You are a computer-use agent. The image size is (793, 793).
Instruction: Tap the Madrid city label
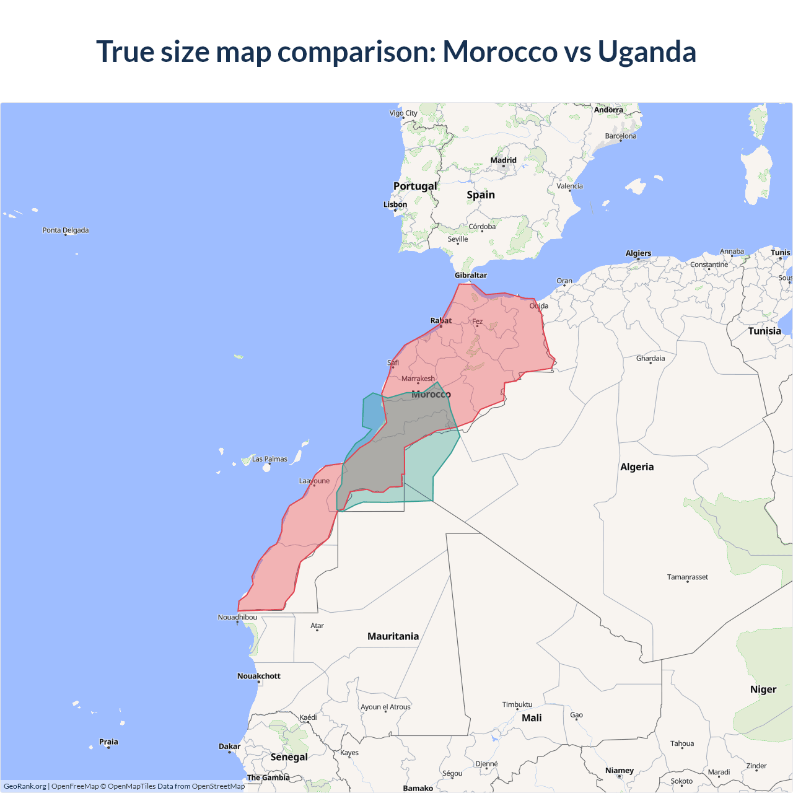pyautogui.click(x=503, y=160)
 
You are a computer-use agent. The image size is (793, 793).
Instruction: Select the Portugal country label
pyautogui.click(x=415, y=186)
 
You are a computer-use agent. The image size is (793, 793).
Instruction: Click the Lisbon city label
pyautogui.click(x=395, y=204)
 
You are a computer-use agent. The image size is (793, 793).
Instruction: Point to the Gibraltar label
pyautogui.click(x=471, y=275)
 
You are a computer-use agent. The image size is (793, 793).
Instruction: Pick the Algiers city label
pyautogui.click(x=638, y=253)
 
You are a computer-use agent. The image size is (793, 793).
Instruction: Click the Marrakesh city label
pyautogui.click(x=418, y=379)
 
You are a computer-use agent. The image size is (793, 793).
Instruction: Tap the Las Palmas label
pyautogui.click(x=269, y=459)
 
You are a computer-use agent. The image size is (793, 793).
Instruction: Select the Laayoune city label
pyautogui.click(x=314, y=481)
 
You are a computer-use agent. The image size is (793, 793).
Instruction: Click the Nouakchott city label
pyautogui.click(x=259, y=676)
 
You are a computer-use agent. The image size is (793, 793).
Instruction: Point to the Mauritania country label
pyautogui.click(x=393, y=636)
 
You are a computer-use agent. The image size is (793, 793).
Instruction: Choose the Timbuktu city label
pyautogui.click(x=517, y=704)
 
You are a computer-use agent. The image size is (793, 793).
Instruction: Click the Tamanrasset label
pyautogui.click(x=688, y=577)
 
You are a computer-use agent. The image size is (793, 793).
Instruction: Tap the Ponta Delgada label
pyautogui.click(x=66, y=230)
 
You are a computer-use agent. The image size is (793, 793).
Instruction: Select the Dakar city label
pyautogui.click(x=229, y=747)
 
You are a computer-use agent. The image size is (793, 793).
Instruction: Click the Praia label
pyautogui.click(x=108, y=742)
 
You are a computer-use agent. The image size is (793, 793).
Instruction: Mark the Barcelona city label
pyautogui.click(x=621, y=136)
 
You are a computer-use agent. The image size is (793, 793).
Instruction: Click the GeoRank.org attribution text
pyautogui.click(x=25, y=786)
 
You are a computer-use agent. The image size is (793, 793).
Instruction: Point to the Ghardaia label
pyautogui.click(x=651, y=358)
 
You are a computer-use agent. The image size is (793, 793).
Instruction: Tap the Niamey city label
pyautogui.click(x=620, y=771)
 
